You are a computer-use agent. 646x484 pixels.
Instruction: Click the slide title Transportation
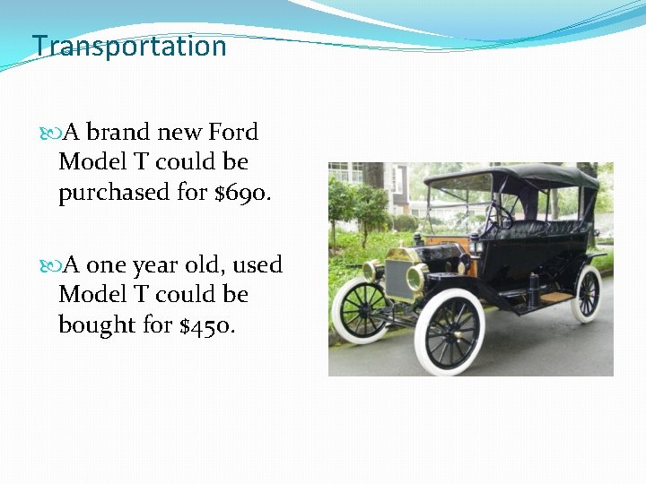point(129,46)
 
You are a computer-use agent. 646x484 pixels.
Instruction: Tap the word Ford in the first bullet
point(233,133)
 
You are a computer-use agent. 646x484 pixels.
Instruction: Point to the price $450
point(207,324)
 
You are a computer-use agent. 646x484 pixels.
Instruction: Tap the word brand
point(118,133)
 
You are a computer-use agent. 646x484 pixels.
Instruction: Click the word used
point(255,265)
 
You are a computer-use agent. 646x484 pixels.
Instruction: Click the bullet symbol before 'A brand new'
point(50,134)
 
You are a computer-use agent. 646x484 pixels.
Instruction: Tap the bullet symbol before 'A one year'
point(50,266)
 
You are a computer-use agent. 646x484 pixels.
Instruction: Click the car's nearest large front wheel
point(449,331)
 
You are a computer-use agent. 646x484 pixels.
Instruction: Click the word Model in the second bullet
point(90,295)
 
